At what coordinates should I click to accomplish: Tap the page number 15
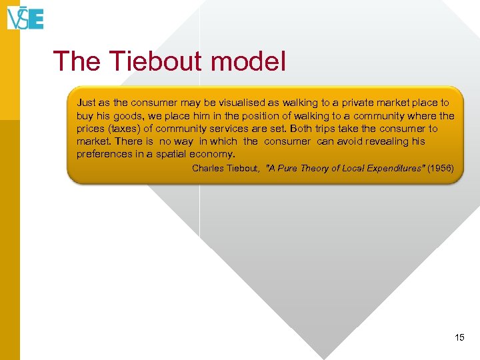tap(459, 338)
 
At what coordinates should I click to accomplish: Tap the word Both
tap(301, 128)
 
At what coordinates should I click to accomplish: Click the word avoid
tap(350, 141)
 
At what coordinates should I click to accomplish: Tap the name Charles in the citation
tap(209, 169)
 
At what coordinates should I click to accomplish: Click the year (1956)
tap(441, 169)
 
